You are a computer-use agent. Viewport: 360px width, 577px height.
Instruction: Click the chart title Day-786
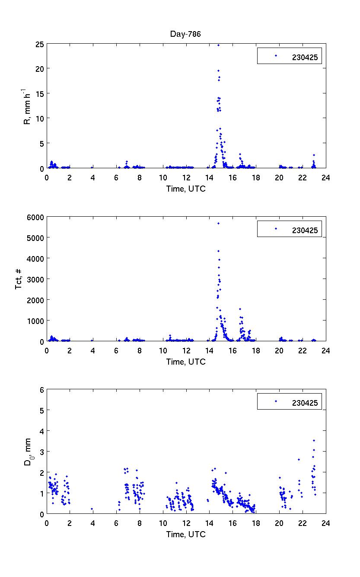pos(186,34)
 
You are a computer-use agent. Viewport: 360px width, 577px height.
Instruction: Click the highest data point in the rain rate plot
pos(218,45)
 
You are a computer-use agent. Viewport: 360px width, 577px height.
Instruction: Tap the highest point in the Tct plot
pos(218,223)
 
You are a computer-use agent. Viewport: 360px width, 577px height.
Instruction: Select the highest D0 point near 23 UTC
pos(314,441)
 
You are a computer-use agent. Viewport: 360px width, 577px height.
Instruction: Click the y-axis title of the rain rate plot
pos(27,106)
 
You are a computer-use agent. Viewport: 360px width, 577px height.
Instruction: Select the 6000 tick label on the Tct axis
pos(36,217)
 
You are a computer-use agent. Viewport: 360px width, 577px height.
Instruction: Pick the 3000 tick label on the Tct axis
pos(36,279)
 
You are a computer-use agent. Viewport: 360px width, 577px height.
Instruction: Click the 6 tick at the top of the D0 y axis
pos(42,390)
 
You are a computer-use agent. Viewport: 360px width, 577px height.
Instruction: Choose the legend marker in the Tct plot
pos(275,228)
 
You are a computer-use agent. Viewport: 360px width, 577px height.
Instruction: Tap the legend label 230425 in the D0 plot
pos(304,403)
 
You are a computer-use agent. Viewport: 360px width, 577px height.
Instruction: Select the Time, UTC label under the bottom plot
pos(186,535)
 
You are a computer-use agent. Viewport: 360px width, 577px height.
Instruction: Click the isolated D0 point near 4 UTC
pos(92,509)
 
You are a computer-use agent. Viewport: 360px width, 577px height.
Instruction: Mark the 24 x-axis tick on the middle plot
pos(326,350)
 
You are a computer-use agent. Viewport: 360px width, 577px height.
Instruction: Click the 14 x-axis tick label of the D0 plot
pos(210,523)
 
